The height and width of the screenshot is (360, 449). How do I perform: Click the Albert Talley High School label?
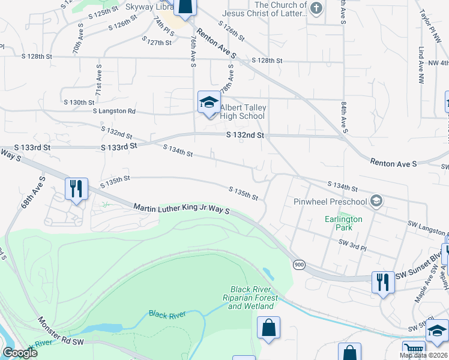coord(243,112)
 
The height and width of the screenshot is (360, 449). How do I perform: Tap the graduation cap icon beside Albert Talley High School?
coord(208,103)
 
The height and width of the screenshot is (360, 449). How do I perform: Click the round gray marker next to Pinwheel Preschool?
coord(376,200)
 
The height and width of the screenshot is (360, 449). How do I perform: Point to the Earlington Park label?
coord(344,223)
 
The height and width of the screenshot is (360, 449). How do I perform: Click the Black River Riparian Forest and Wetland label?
coord(254,298)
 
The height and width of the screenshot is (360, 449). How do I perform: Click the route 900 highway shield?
coord(298,263)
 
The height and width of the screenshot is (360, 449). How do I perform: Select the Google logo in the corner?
coord(19,353)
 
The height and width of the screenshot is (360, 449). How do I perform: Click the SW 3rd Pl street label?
coord(352,242)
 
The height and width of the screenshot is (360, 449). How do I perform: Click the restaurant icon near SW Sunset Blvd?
coord(382,281)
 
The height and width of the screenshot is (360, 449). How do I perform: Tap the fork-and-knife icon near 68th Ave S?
coord(76,189)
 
